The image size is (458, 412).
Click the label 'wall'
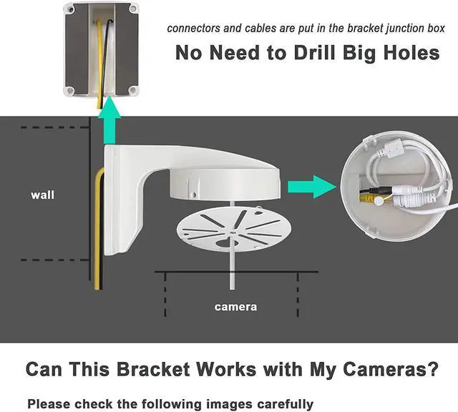point(42,195)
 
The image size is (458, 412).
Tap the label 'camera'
point(235,308)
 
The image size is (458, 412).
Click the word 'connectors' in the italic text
point(195,29)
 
